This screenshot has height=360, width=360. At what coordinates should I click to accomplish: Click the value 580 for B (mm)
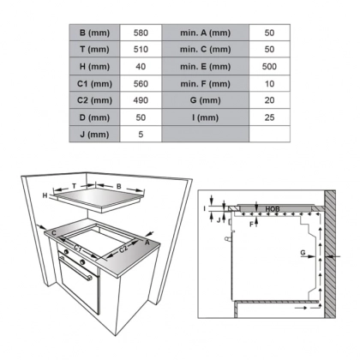click(x=141, y=33)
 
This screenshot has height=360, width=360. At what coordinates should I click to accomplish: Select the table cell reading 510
click(x=141, y=50)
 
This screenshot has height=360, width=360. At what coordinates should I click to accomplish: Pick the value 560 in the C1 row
click(x=141, y=84)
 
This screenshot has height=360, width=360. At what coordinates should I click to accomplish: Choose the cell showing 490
click(x=141, y=100)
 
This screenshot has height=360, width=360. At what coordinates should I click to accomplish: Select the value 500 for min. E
click(x=270, y=67)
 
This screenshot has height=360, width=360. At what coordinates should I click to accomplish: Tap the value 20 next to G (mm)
click(x=270, y=100)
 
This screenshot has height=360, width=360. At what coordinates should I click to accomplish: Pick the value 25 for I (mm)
click(x=270, y=117)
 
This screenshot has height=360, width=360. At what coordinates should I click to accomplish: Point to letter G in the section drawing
click(x=303, y=253)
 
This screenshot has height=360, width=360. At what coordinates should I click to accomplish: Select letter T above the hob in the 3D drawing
click(x=75, y=184)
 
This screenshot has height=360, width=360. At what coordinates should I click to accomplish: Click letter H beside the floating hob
click(x=45, y=196)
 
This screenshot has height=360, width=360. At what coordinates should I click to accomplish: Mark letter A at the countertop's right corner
click(x=147, y=243)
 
